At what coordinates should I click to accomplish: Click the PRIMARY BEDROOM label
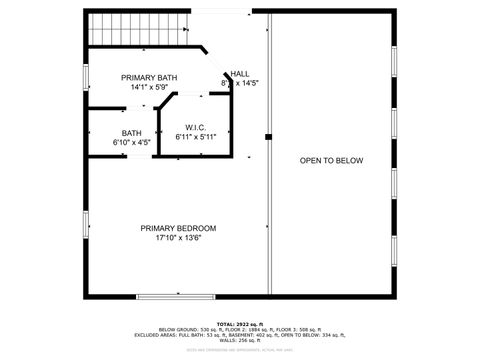click(x=178, y=228)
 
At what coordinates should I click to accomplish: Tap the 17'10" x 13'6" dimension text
click(x=178, y=238)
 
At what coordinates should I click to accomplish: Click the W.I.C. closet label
click(x=195, y=127)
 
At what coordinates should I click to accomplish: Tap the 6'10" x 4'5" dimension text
click(x=132, y=142)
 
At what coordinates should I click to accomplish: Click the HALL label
click(x=240, y=73)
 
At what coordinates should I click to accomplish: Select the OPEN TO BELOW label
click(x=331, y=160)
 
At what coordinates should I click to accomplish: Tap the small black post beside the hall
click(x=268, y=137)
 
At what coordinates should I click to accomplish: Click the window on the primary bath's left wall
click(x=86, y=76)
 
